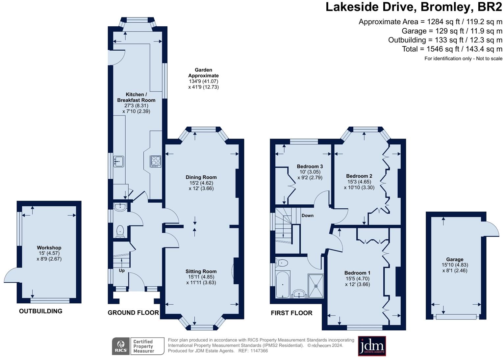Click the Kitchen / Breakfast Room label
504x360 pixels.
(136, 97)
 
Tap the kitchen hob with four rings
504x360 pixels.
(156, 161)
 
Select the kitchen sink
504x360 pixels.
(118, 161)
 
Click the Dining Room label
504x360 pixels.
(201, 177)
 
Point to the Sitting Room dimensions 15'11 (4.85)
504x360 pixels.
(201, 277)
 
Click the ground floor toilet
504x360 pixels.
(120, 230)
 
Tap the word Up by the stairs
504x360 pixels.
(122, 270)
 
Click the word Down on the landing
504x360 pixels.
(307, 216)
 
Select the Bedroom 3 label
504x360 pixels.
(310, 166)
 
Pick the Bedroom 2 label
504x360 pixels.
(359, 176)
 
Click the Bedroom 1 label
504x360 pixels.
(357, 272)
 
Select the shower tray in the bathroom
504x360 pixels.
(315, 286)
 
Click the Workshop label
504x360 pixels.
(49, 247)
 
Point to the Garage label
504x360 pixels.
(455, 259)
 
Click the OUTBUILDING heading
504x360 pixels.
(40, 311)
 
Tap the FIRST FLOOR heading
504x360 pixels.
(291, 313)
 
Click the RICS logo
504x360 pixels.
(121, 346)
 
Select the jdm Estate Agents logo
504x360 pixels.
(372, 346)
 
